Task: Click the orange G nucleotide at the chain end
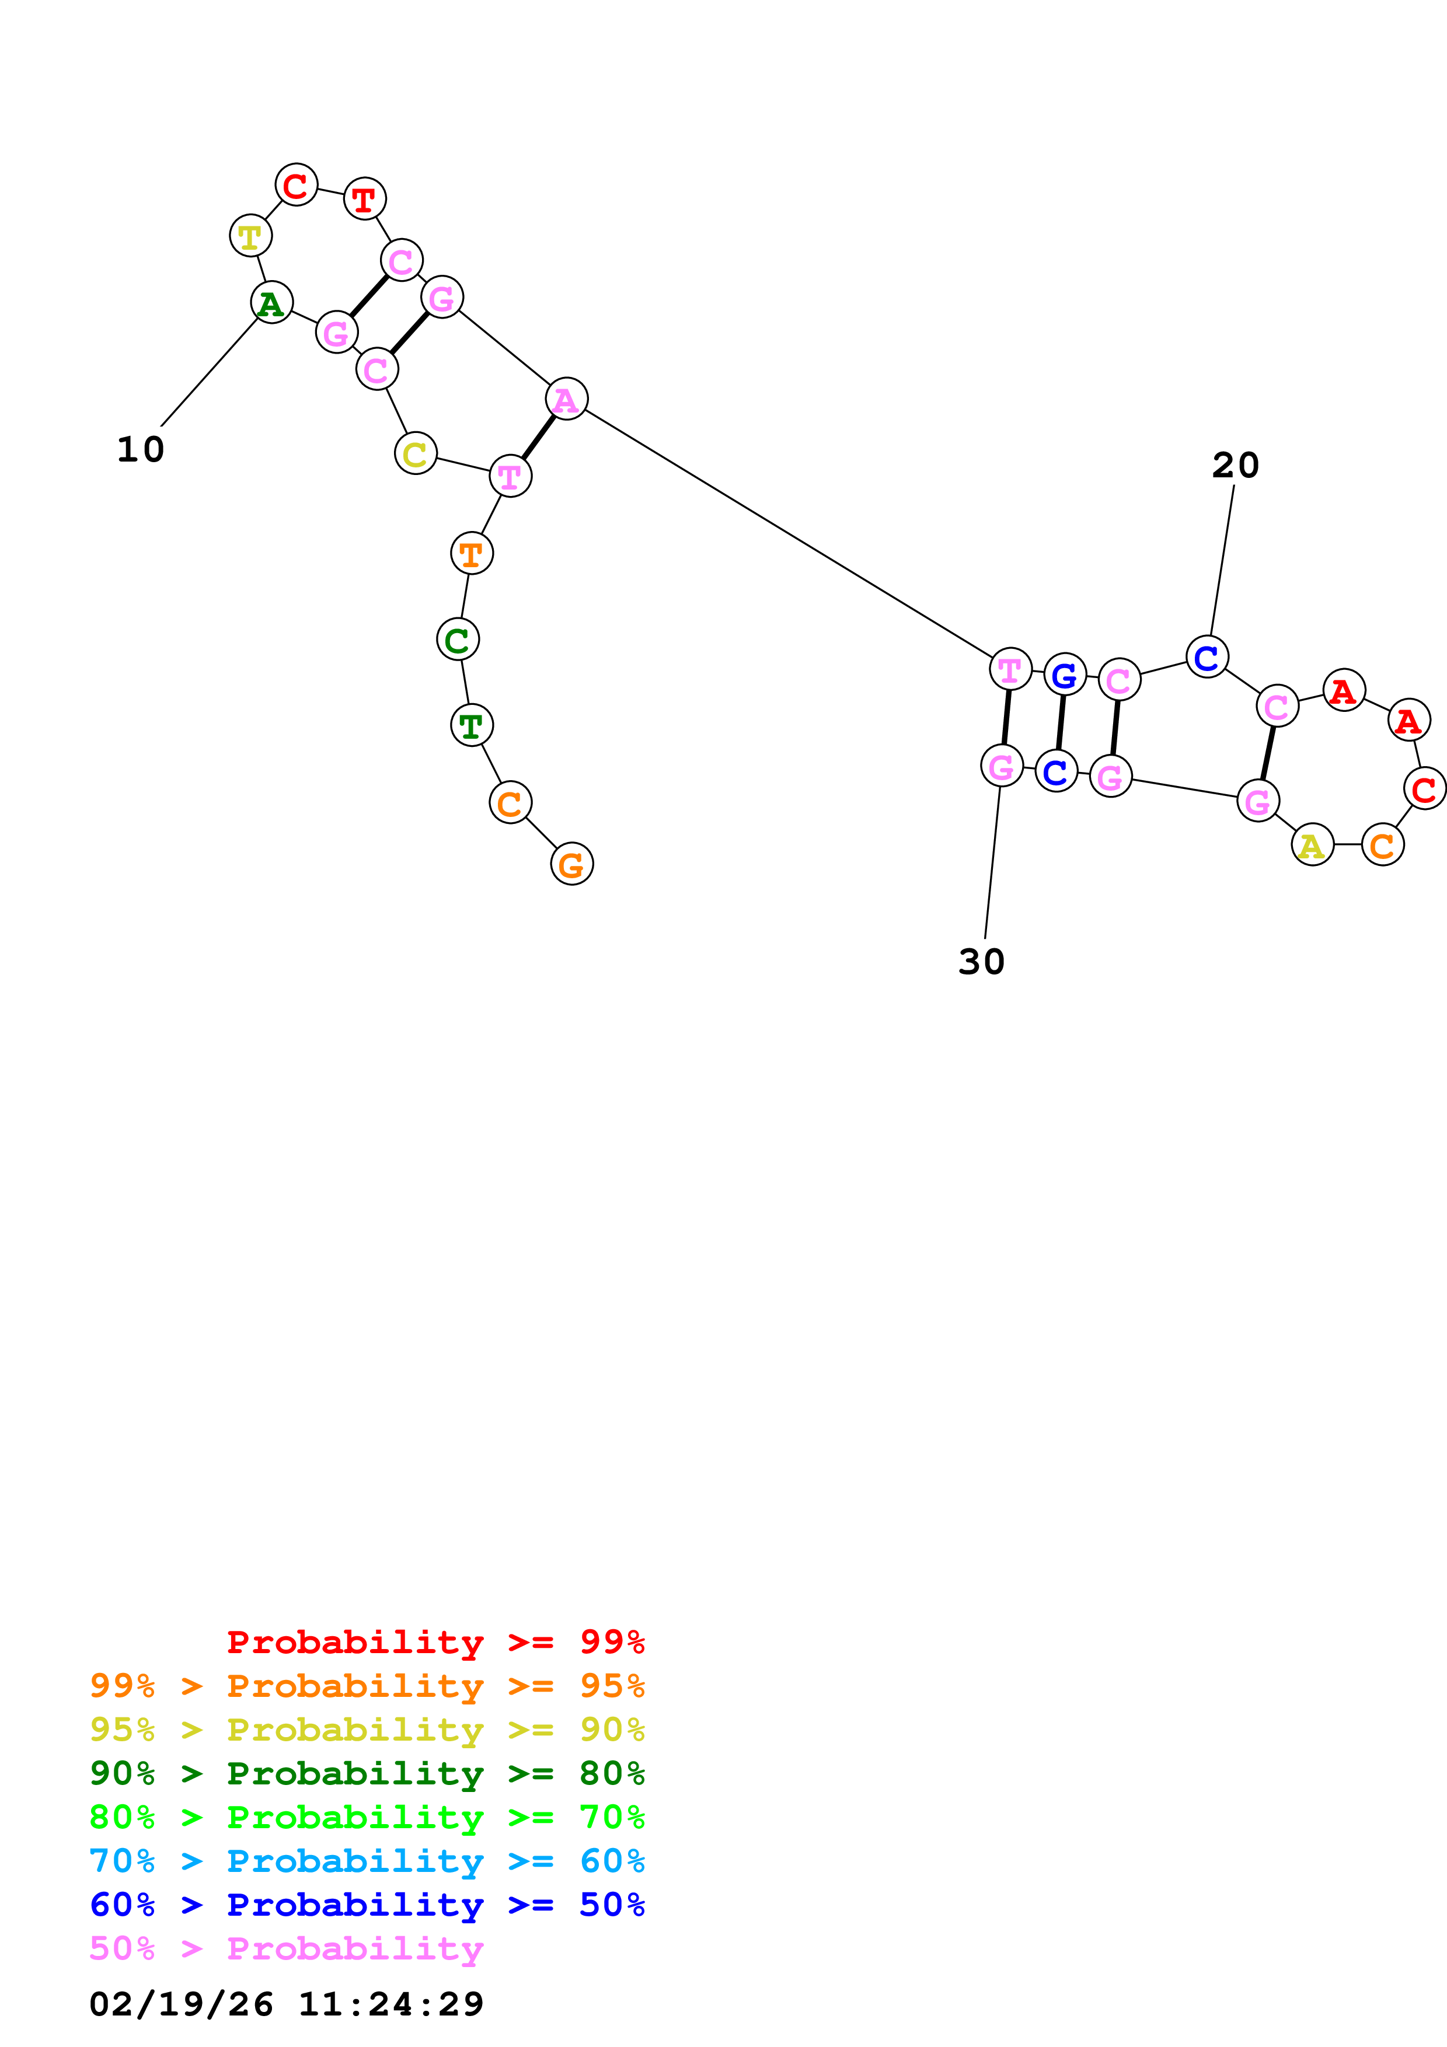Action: pos(571,864)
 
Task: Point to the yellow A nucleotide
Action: pos(1312,844)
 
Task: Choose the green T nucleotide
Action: pos(472,725)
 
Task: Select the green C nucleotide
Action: pos(458,639)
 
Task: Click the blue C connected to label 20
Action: pos(1207,657)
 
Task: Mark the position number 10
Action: pos(141,449)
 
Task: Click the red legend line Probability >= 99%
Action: pos(435,1642)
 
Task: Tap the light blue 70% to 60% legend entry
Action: pos(367,1861)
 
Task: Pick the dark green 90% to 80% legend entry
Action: pos(367,1774)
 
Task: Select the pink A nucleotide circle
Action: pos(567,399)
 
